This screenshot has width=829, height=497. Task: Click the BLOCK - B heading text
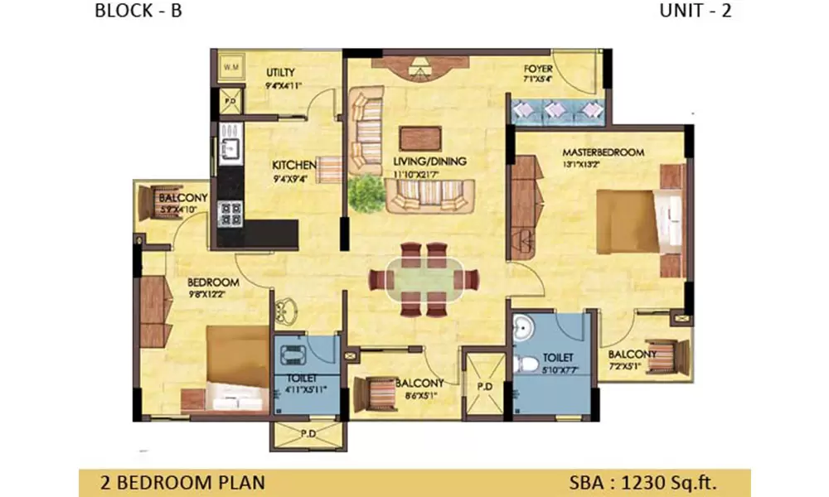(x=138, y=12)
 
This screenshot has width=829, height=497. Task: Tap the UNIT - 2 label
(x=696, y=12)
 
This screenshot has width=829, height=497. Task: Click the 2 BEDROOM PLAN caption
(x=182, y=481)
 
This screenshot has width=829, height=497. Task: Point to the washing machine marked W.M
(x=229, y=66)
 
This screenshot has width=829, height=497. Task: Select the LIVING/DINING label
(x=430, y=161)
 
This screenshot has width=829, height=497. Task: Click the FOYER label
(x=539, y=68)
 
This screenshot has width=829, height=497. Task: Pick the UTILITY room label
(x=280, y=73)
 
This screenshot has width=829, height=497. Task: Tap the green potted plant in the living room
(x=363, y=194)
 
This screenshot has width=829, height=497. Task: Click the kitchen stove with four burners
(x=230, y=214)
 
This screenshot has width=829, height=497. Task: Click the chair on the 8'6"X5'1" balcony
(x=376, y=391)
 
